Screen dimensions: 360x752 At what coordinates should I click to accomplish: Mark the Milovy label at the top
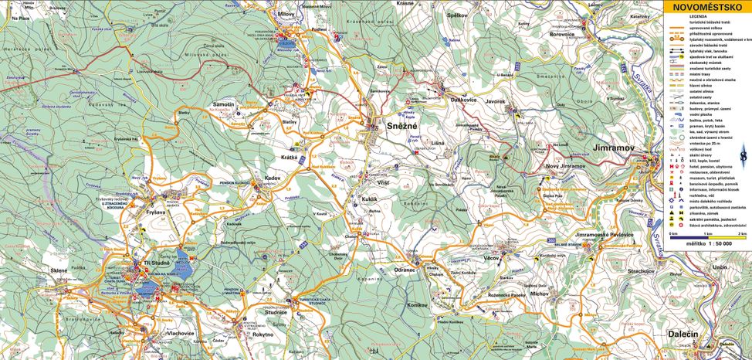tap(284, 13)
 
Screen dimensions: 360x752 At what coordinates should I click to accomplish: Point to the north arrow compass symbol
tap(743, 156)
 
